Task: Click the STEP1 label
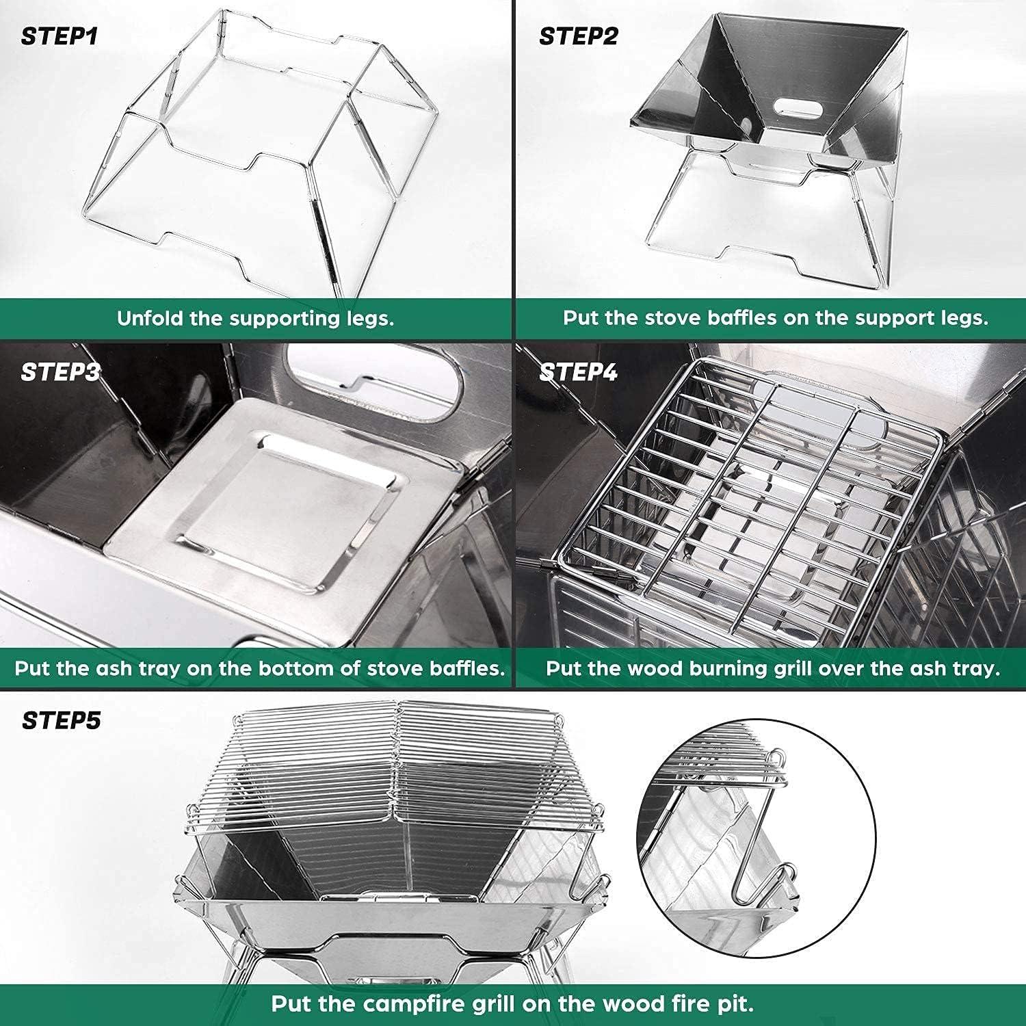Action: (x=60, y=36)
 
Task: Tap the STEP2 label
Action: (x=578, y=36)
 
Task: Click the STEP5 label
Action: (x=61, y=720)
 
